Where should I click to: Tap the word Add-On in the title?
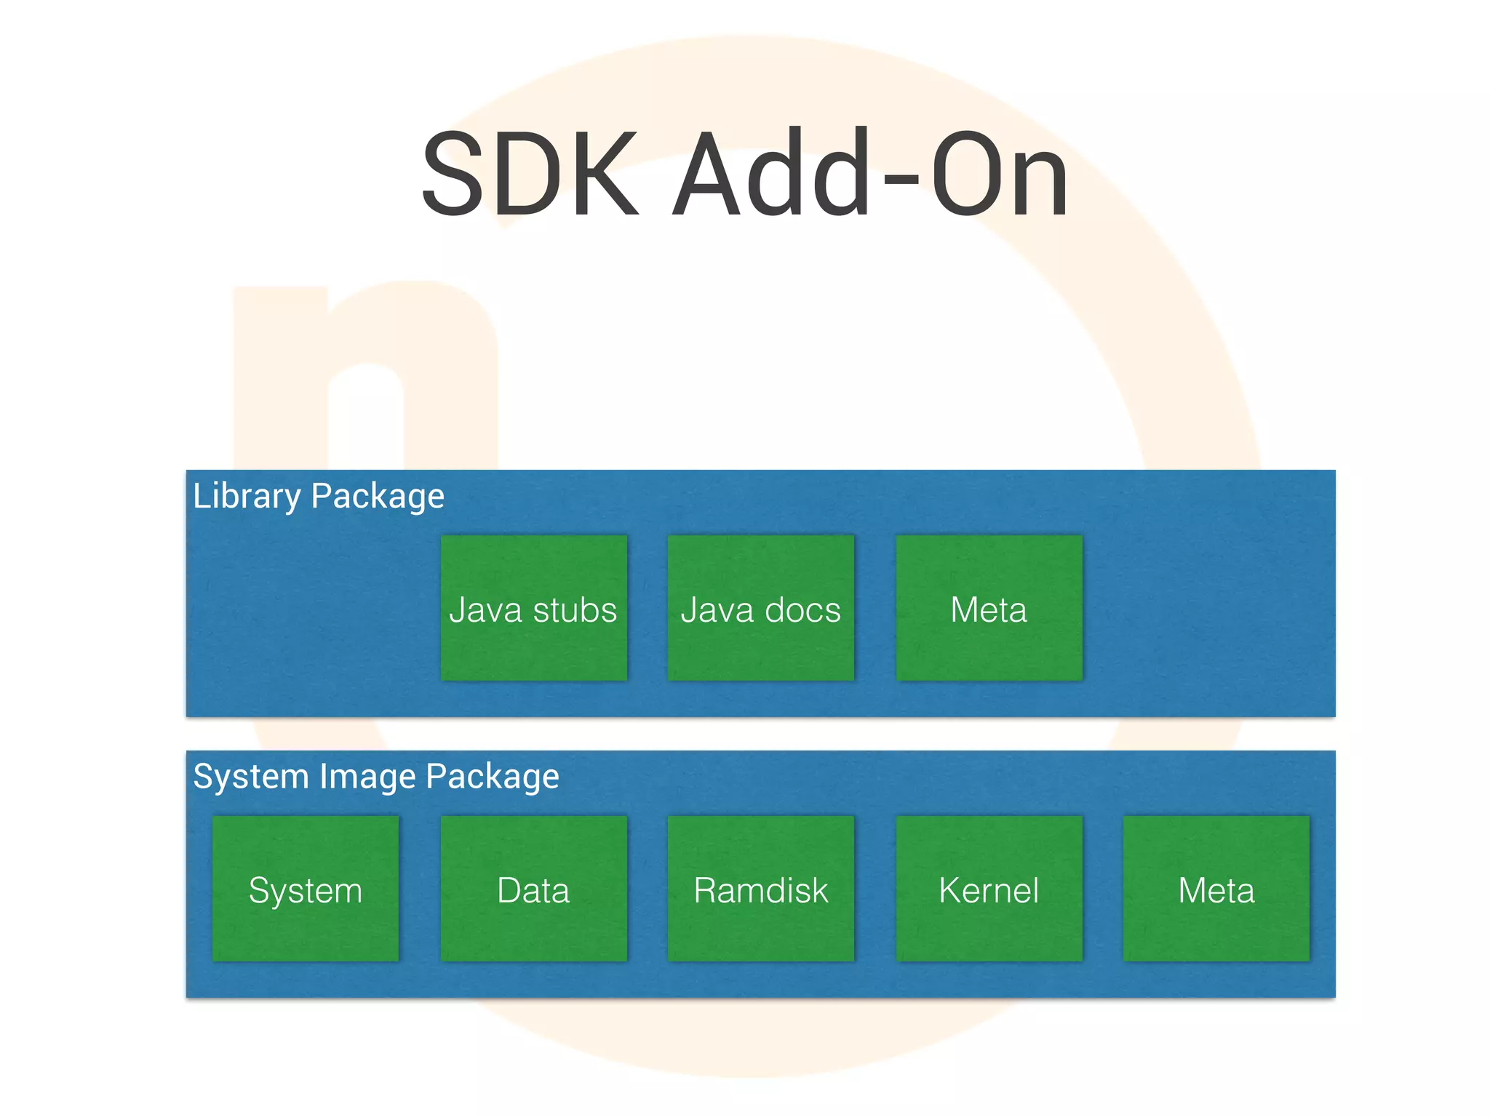click(870, 175)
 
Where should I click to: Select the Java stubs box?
click(533, 608)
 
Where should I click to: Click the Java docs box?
click(761, 608)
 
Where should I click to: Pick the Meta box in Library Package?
click(989, 608)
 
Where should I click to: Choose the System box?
click(306, 889)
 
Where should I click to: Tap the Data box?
click(533, 889)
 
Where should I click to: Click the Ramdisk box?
click(761, 889)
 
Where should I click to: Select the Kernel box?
click(989, 889)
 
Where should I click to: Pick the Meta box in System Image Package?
click(1216, 889)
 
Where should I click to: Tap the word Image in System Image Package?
click(368, 777)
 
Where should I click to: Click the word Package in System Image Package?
click(493, 777)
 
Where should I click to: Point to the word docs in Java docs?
click(802, 609)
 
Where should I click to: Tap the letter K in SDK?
click(605, 175)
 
